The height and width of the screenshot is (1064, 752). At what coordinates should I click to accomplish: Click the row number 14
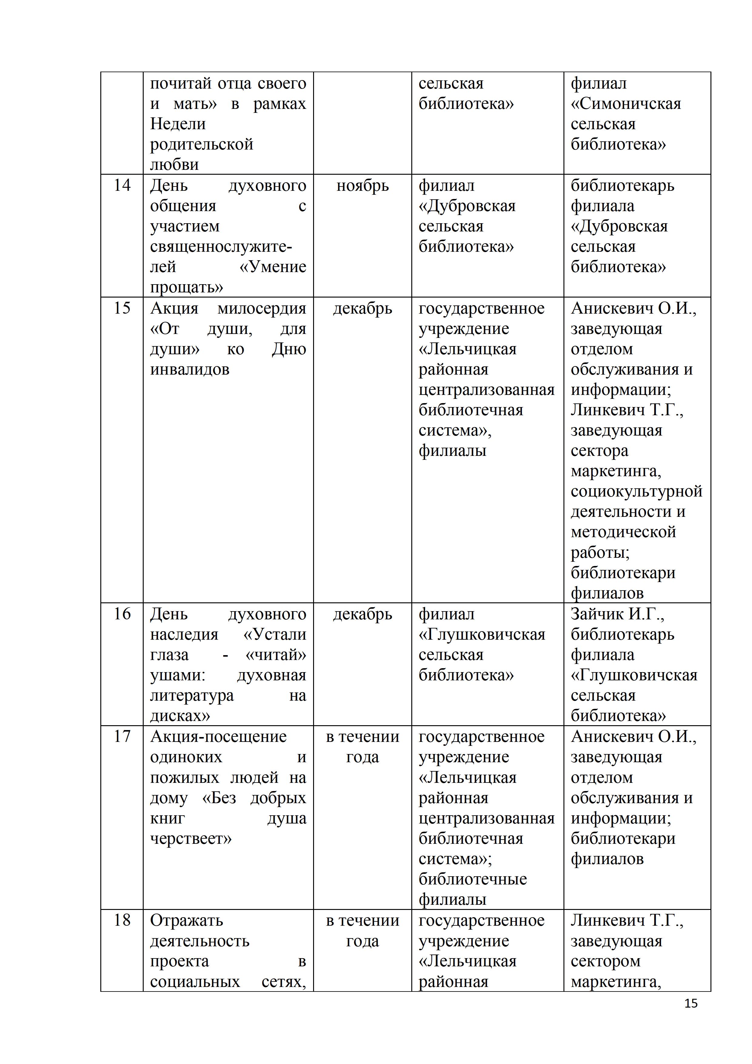[x=122, y=185]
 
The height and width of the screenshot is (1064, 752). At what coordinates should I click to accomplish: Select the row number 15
[x=122, y=308]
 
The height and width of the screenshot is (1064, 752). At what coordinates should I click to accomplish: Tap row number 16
[x=122, y=614]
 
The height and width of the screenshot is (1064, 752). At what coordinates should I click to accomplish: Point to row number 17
[x=122, y=736]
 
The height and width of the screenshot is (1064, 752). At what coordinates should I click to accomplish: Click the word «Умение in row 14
[x=273, y=267]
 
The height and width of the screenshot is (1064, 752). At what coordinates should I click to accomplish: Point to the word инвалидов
[x=189, y=369]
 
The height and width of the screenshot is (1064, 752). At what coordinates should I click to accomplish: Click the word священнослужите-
[x=221, y=247]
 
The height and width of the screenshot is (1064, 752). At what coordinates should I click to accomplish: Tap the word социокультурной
[x=636, y=491]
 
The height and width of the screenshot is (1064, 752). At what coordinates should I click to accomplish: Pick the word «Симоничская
[x=626, y=104]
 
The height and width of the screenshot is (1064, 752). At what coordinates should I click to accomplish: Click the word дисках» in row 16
[x=180, y=716]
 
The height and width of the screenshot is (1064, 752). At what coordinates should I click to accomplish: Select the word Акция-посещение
[x=218, y=737]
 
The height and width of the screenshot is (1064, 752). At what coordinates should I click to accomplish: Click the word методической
[x=623, y=532]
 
